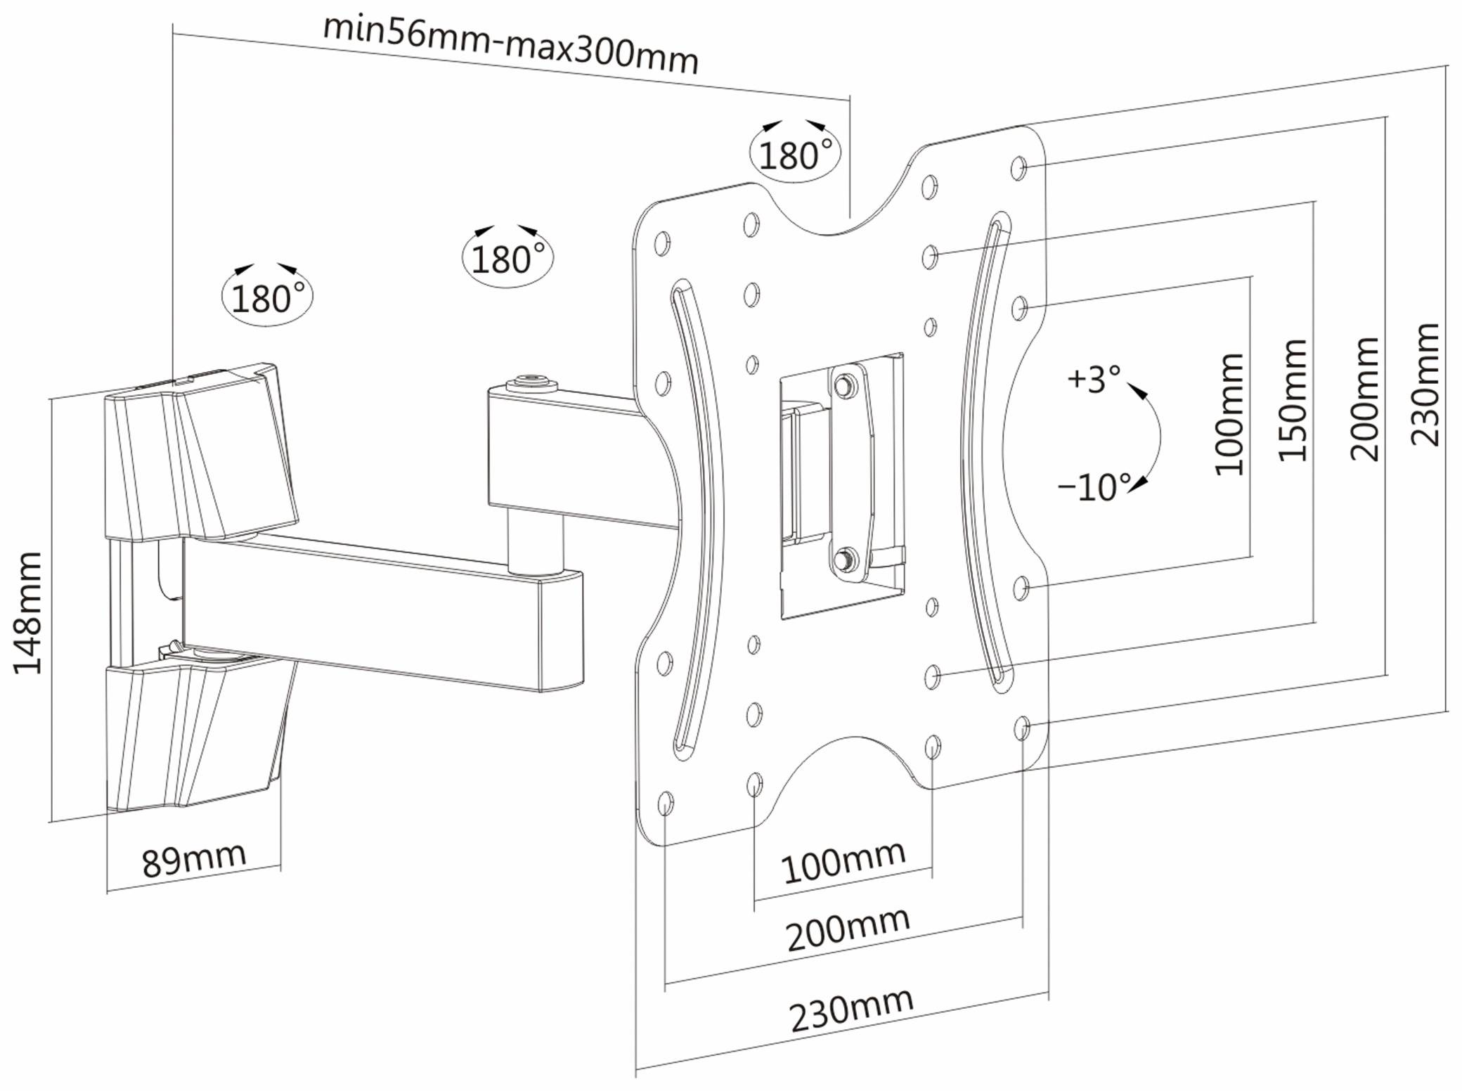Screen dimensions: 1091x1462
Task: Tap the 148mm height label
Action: coord(28,613)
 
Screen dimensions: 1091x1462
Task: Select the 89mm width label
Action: coord(194,858)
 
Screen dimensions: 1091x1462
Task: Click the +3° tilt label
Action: coord(1093,379)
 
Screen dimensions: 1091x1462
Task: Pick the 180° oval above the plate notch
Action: coord(795,155)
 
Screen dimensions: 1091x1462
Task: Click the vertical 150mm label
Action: coord(1292,401)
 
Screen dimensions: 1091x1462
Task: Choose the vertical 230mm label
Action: coord(1425,385)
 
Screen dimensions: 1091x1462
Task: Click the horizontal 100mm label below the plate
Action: coord(843,863)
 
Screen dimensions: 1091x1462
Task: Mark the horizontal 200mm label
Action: coord(848,929)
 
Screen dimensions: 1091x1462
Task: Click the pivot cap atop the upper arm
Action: coord(532,384)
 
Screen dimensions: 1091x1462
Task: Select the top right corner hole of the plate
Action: coord(1019,168)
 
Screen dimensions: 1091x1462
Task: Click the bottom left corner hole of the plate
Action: coord(665,802)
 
